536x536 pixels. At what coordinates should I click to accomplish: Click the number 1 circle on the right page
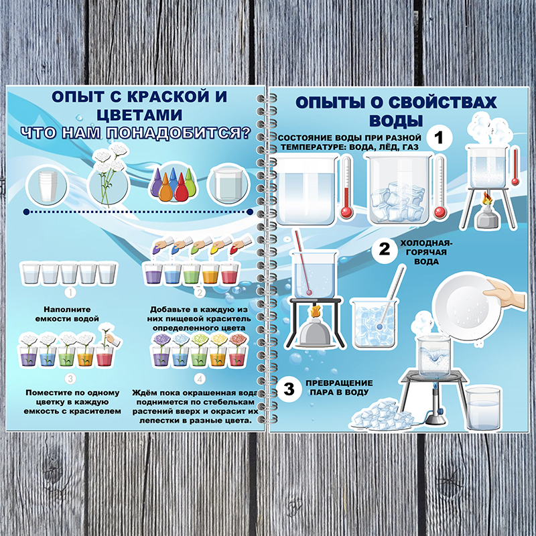tap(440, 137)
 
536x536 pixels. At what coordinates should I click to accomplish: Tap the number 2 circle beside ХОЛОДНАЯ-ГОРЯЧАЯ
tap(385, 249)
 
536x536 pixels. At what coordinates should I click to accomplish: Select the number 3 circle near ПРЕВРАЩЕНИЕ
tap(289, 389)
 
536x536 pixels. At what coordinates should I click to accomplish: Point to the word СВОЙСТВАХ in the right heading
tap(443, 103)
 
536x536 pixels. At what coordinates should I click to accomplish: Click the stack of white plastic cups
tap(48, 186)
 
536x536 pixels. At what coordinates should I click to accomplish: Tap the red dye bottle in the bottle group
tap(181, 188)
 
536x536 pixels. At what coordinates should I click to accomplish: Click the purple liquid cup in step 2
tap(153, 273)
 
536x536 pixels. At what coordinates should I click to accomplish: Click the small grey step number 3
tap(70, 379)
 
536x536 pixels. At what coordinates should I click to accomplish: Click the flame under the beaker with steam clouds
tap(486, 198)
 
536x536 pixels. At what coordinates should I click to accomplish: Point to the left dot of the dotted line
tap(26, 212)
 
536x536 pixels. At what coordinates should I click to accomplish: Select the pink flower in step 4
tap(238, 339)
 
